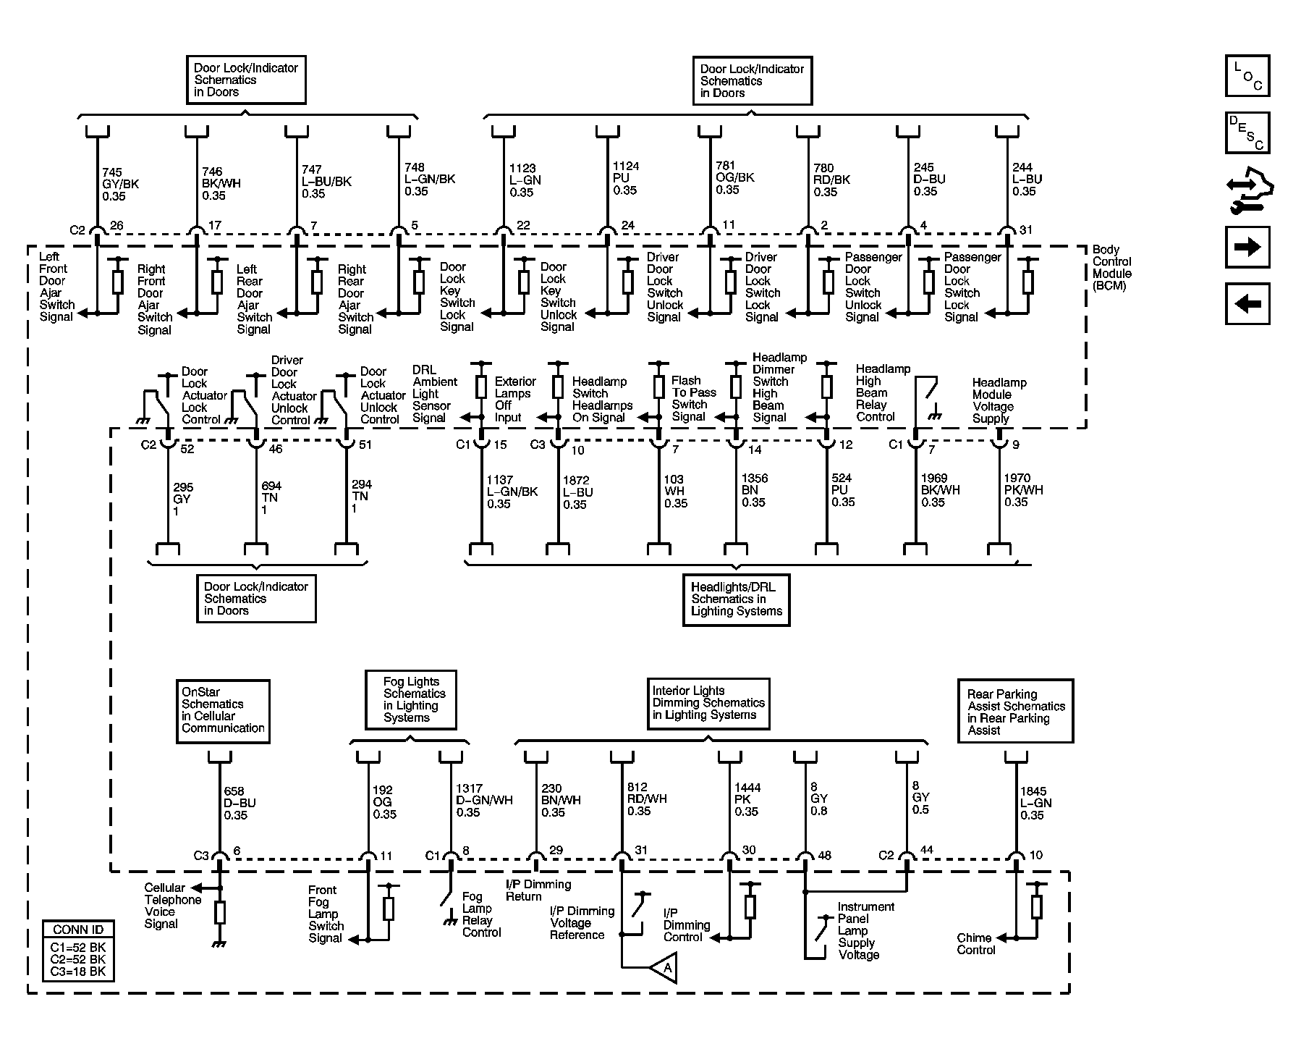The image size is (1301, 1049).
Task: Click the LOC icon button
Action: [1247, 76]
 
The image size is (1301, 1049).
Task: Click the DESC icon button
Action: [1247, 132]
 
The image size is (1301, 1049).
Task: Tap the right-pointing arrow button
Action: [1247, 247]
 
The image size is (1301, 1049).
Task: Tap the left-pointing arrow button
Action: [1247, 303]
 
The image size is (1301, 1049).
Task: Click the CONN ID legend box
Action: [78, 950]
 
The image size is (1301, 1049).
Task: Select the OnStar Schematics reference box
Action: [223, 710]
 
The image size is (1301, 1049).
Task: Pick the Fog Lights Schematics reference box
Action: [410, 699]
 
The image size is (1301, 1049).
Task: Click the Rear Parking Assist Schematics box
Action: [1014, 711]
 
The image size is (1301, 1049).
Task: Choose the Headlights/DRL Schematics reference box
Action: [736, 599]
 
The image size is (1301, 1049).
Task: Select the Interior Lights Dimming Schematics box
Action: [708, 703]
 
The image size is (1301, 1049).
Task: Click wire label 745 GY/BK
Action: [120, 184]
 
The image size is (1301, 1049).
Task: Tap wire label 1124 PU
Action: [625, 178]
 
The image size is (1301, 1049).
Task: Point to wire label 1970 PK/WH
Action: [1022, 490]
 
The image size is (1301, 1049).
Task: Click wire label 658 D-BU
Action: [239, 803]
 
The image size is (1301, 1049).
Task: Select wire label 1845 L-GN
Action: [1035, 803]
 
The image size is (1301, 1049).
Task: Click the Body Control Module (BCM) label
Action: [1111, 267]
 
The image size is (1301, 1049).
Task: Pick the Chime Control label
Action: [975, 943]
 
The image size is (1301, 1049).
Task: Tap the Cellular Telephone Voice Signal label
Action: [172, 906]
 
